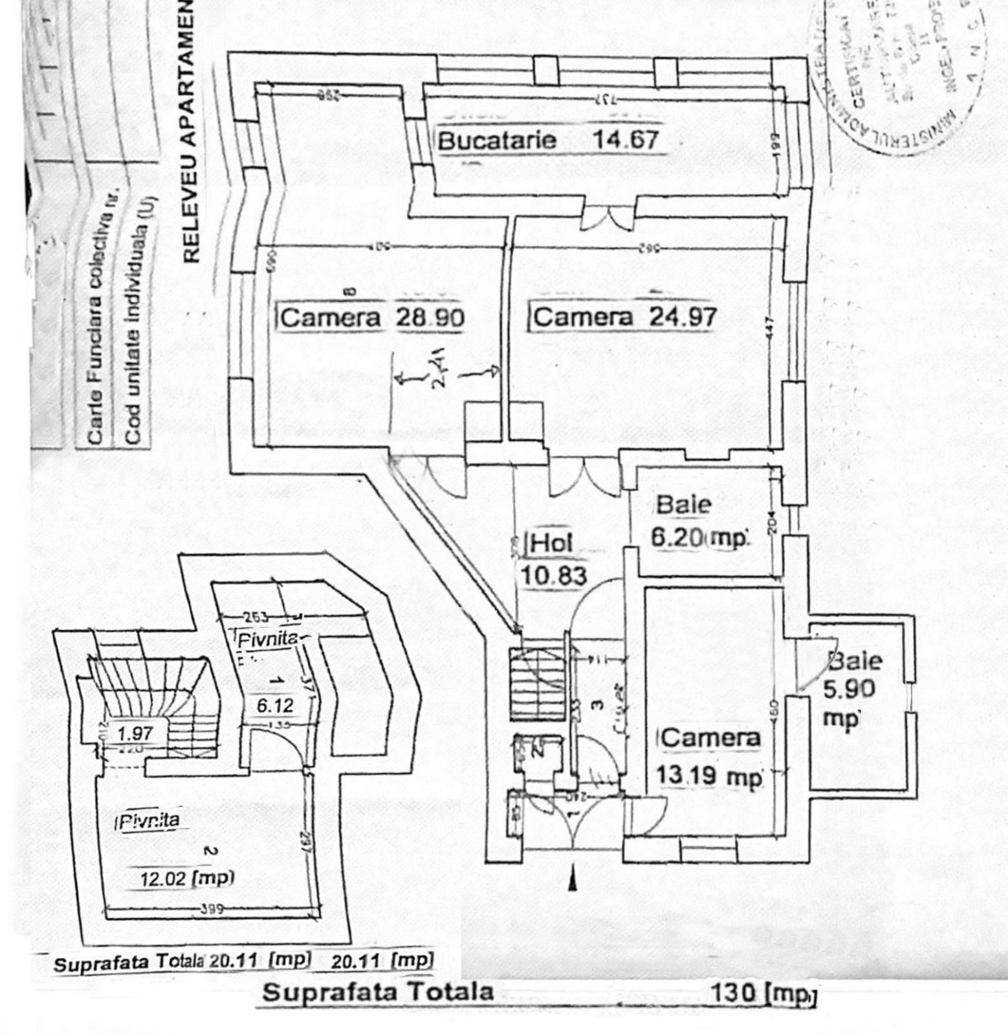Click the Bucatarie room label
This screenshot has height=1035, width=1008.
(x=497, y=140)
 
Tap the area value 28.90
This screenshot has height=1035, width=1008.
(x=430, y=318)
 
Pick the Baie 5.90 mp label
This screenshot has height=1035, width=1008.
(x=851, y=688)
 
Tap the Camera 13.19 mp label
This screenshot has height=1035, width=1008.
(x=710, y=757)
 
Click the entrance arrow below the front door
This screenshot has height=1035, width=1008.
(x=572, y=882)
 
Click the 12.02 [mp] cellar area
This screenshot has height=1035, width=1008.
(x=187, y=878)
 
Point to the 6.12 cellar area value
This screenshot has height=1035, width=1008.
(x=275, y=705)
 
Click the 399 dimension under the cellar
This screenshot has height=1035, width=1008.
(x=212, y=908)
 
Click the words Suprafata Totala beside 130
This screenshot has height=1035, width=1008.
(x=378, y=992)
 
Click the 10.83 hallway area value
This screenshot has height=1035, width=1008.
(x=554, y=575)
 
